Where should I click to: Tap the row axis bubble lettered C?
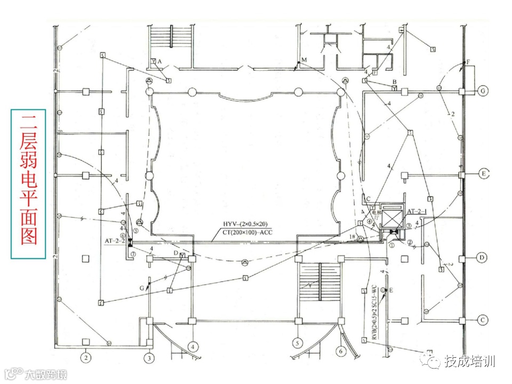[x=482, y=320]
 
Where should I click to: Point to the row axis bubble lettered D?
[x=482, y=258]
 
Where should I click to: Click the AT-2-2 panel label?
[x=115, y=241]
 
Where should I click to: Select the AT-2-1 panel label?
[x=417, y=212]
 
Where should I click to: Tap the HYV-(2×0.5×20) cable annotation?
[x=245, y=223]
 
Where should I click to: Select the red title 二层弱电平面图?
[x=28, y=184]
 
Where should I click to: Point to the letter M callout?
[x=303, y=60]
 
